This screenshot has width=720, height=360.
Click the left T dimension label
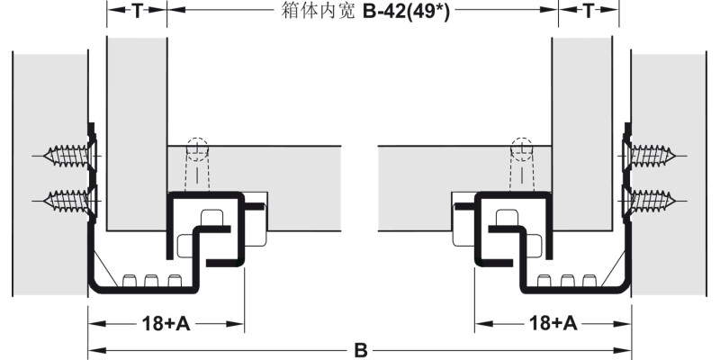point(137,12)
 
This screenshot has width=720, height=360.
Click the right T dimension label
point(588,12)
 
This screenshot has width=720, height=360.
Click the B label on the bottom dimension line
point(361,348)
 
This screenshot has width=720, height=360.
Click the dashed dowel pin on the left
point(196,163)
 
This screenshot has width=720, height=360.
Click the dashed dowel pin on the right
point(522,163)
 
